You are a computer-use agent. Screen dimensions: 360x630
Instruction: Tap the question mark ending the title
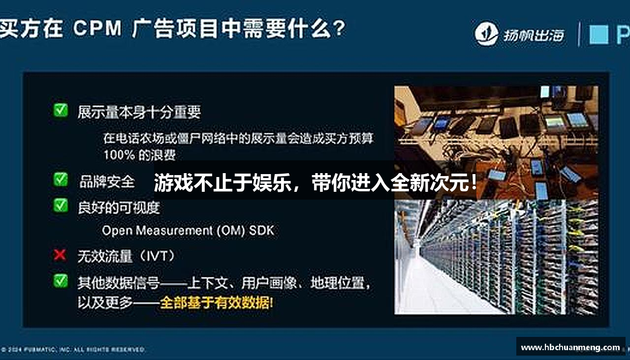point(338,29)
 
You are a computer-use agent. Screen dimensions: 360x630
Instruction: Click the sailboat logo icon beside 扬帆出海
point(486,33)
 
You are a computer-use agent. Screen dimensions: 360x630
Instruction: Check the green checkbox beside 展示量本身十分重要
point(61,110)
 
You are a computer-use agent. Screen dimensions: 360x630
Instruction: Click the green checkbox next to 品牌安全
point(61,180)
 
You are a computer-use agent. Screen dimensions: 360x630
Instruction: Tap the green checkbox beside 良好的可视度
point(61,205)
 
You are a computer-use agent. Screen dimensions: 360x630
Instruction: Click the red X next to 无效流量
point(60,255)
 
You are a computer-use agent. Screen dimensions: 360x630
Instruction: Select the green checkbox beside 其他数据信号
point(61,281)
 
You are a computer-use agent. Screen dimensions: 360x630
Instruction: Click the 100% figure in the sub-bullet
point(119,155)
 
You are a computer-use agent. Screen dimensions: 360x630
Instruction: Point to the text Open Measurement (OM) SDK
point(188,230)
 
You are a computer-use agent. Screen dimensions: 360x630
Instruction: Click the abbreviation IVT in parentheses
point(157,256)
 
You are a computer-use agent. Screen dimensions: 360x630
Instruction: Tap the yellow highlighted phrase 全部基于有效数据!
point(217,302)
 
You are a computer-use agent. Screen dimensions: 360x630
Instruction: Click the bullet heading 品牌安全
point(107,181)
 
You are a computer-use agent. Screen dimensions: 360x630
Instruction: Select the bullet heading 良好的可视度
point(119,208)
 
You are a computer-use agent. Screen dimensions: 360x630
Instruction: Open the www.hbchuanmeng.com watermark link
point(570,347)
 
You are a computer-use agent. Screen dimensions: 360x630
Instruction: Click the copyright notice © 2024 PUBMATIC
point(74,350)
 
